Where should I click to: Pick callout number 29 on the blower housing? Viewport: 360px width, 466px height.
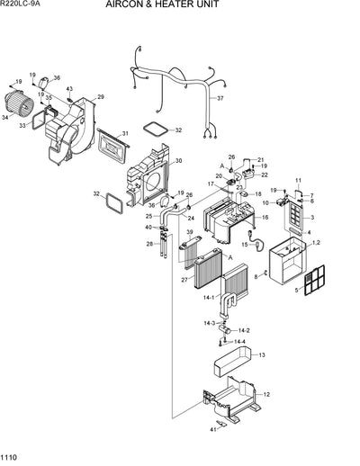(x=100, y=97)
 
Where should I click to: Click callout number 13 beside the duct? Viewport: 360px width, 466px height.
(x=262, y=356)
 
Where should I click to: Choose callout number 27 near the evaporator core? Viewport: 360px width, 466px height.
(x=184, y=280)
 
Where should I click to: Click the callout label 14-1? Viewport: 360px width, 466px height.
(x=209, y=296)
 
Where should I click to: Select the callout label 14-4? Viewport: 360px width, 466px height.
(x=239, y=342)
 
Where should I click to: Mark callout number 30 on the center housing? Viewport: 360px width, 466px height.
(x=178, y=161)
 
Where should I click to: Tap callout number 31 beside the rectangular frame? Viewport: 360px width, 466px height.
(x=125, y=134)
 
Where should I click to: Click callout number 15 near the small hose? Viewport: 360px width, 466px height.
(x=243, y=244)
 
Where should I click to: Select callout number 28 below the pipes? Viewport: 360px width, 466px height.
(x=149, y=244)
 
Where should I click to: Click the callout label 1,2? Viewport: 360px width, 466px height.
(x=316, y=244)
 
